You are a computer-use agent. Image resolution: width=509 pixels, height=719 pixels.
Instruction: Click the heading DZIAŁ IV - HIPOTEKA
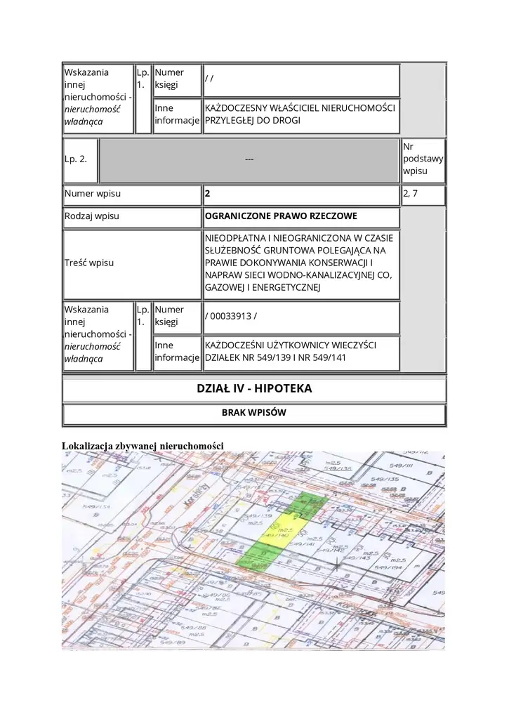pyautogui.click(x=254, y=388)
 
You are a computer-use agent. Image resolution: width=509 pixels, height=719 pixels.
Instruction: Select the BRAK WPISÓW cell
pyautogui.click(x=254, y=413)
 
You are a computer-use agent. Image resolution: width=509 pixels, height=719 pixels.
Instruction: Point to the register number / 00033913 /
pyautogui.click(x=231, y=315)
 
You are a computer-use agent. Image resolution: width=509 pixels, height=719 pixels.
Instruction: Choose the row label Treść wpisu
pyautogui.click(x=90, y=263)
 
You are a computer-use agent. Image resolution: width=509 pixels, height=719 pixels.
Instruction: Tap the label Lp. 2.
pyautogui.click(x=76, y=159)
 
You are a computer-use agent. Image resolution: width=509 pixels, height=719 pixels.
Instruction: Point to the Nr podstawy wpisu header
pyautogui.click(x=423, y=159)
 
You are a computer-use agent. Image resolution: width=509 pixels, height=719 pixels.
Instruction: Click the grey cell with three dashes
pyautogui.click(x=249, y=159)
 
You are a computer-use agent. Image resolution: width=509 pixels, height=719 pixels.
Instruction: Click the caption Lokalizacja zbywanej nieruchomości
pyautogui.click(x=143, y=445)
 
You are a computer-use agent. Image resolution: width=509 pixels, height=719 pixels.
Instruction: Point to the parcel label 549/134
pyautogui.click(x=96, y=506)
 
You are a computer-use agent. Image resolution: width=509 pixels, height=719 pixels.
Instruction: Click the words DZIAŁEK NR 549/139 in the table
pyautogui.click(x=242, y=359)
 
